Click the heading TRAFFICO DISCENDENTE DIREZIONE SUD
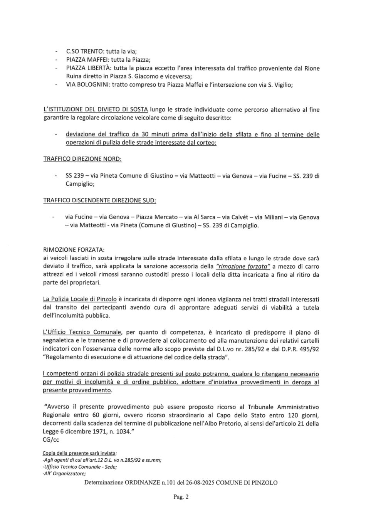coord(99,200)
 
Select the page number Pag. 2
coord(181,497)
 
